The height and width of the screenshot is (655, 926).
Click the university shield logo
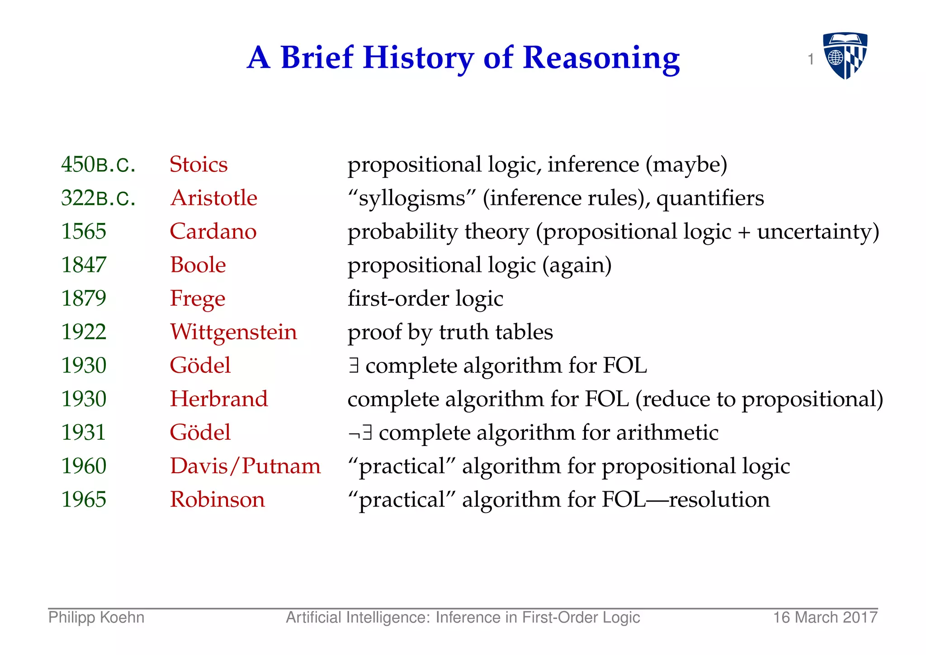pyautogui.click(x=845, y=55)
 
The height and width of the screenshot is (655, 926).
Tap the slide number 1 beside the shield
pyautogui.click(x=811, y=59)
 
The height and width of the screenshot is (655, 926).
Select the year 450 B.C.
pyautogui.click(x=98, y=164)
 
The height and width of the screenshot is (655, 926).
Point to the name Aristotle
pyautogui.click(x=213, y=198)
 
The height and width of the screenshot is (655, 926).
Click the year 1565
pyautogui.click(x=84, y=231)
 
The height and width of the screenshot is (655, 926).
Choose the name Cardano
pyautogui.click(x=213, y=231)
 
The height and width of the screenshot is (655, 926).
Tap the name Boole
pyautogui.click(x=198, y=265)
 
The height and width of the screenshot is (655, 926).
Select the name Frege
pyautogui.click(x=197, y=299)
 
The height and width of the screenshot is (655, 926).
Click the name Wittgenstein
pyautogui.click(x=233, y=332)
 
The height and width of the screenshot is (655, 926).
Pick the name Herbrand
pyautogui.click(x=219, y=399)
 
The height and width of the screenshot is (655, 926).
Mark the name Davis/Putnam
pyautogui.click(x=245, y=466)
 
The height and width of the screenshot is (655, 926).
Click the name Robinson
pyautogui.click(x=217, y=499)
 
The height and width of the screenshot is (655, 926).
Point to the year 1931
pyautogui.click(x=84, y=432)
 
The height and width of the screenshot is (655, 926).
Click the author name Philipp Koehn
pyautogui.click(x=96, y=617)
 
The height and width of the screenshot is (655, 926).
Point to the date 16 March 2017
pyautogui.click(x=825, y=617)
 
